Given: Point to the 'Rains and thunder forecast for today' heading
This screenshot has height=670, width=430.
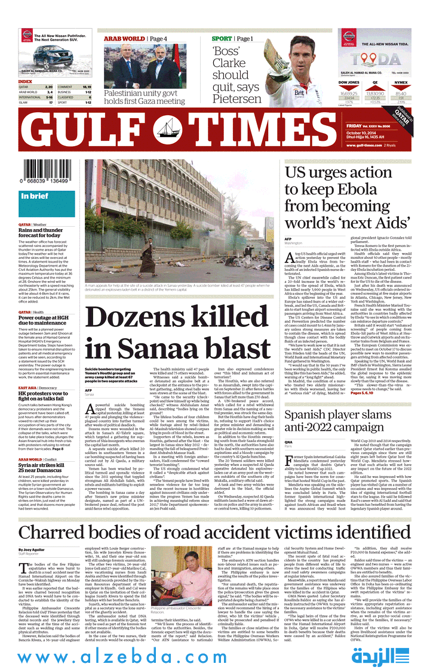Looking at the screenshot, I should pos(40,233).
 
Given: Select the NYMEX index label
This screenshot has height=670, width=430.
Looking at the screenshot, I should pos(401,82).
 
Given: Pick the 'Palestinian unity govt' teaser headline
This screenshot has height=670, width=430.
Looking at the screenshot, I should pos(145,97).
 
